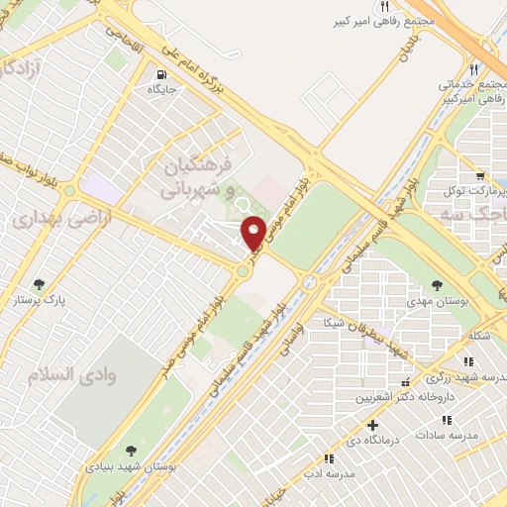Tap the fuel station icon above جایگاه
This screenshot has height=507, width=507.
click(x=161, y=73)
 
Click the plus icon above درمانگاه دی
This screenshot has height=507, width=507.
click(x=372, y=425)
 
